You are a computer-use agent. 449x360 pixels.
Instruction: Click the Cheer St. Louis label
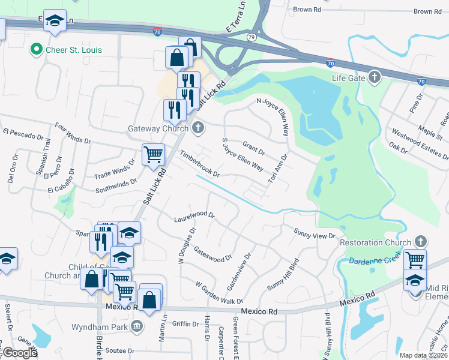[x=74, y=49]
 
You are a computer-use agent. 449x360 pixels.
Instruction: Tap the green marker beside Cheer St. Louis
[x=37, y=49]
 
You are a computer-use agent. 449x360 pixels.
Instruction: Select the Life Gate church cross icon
[x=375, y=77]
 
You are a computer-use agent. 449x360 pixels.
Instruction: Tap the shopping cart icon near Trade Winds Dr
[x=153, y=154]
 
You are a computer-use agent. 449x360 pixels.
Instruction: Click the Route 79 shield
[x=250, y=37]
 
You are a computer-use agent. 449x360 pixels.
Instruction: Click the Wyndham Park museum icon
[x=137, y=327]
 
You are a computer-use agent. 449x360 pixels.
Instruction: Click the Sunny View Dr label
[x=313, y=234]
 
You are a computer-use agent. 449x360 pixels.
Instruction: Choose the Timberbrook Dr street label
[x=200, y=164]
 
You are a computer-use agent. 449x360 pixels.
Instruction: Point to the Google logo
[x=20, y=353]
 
